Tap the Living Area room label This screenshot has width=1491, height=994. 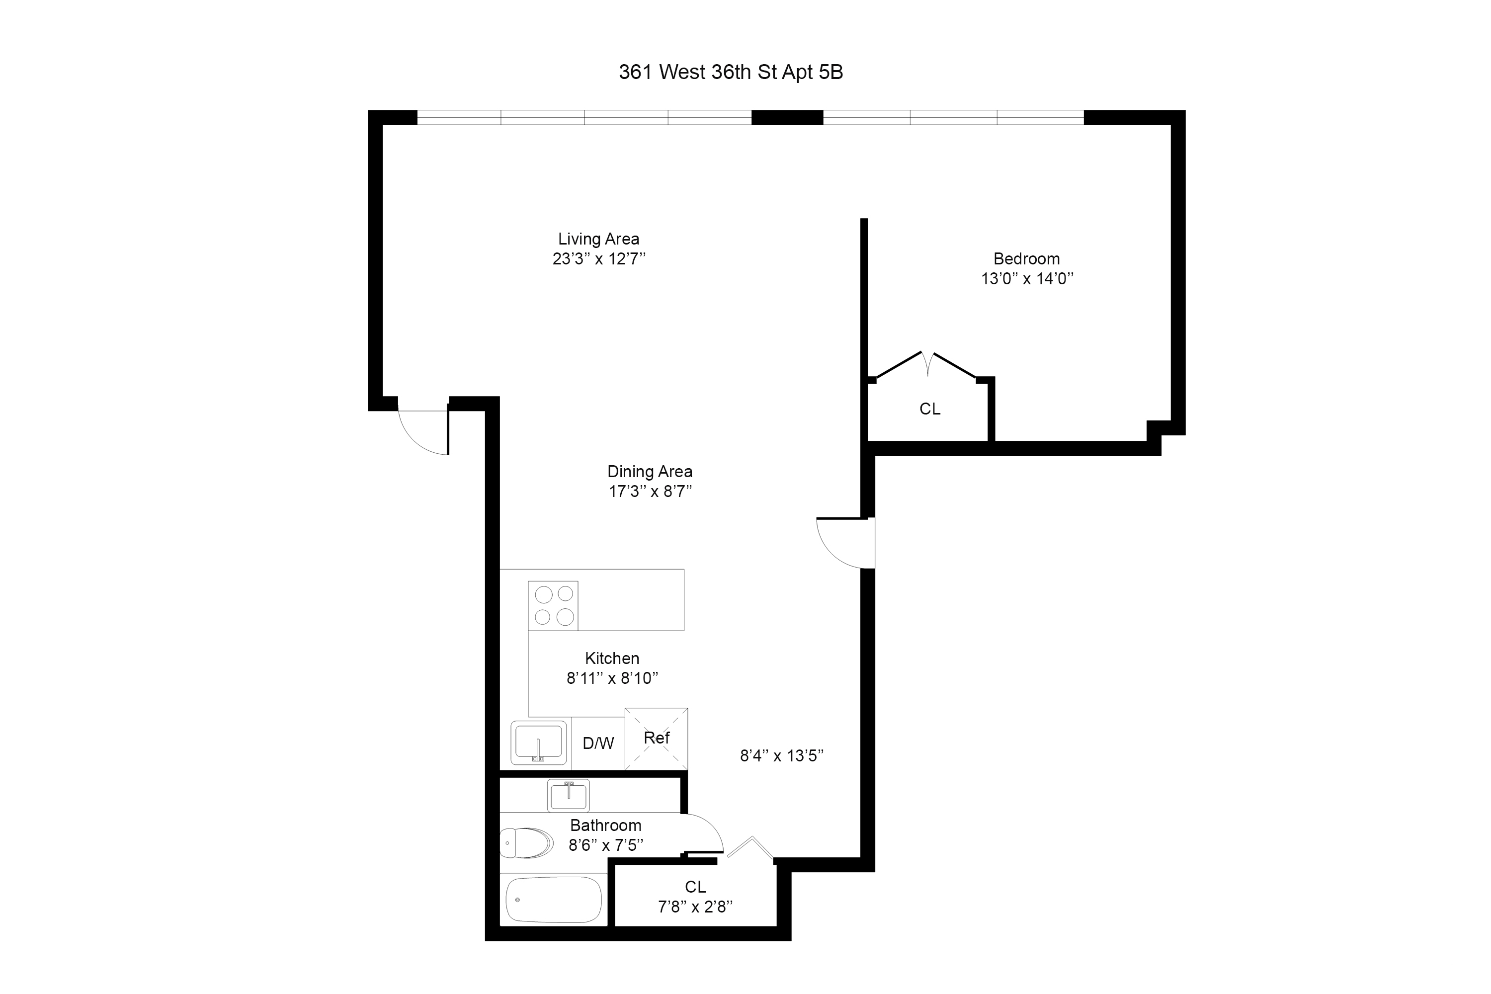coord(598,239)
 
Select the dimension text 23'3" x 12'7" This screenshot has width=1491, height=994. coord(598,258)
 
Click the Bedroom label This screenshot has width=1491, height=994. coord(1026,258)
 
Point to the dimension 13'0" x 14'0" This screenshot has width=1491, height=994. coord(1027,278)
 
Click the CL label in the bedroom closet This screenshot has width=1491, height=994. coord(929,409)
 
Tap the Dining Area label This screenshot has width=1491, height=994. coord(649,472)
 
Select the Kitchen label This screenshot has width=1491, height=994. coord(612,658)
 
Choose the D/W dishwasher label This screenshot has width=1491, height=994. coord(598,743)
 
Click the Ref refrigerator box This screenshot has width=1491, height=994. coord(656,738)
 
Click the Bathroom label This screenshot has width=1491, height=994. coord(605,826)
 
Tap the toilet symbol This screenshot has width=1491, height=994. coord(526,842)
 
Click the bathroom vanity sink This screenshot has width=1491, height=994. coord(568,796)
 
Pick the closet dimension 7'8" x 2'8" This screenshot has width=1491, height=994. coord(695,907)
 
